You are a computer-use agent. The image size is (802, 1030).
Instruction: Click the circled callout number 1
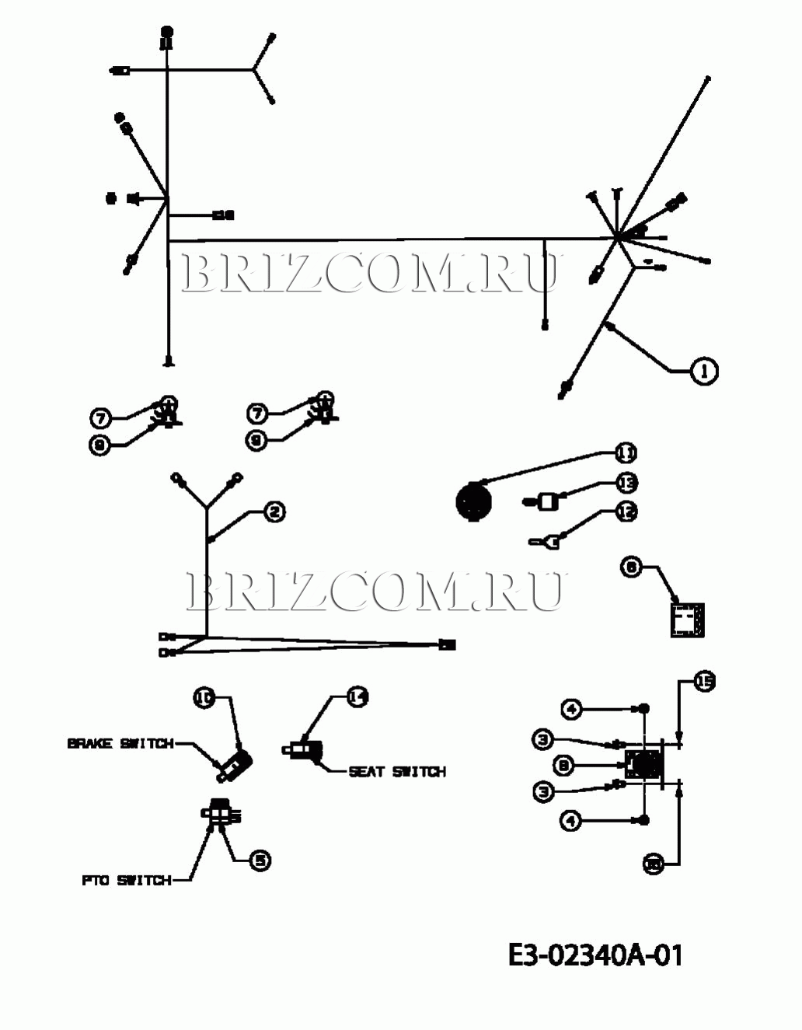coord(704,371)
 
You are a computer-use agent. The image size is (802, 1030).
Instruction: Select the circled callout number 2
coord(274,512)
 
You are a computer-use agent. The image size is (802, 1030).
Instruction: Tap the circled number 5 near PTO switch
coord(260,860)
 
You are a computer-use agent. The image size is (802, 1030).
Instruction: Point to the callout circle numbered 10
coord(204,698)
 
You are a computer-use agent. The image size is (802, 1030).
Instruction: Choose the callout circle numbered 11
coord(626,452)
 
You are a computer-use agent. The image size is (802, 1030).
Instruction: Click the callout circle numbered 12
coord(626,512)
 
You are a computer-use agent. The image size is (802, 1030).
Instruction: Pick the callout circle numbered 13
coord(626,483)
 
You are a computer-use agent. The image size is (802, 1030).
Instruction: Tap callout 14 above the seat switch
coord(357,697)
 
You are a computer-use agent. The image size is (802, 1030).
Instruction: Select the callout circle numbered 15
coord(703,682)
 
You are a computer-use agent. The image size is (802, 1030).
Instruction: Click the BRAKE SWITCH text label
coord(120,744)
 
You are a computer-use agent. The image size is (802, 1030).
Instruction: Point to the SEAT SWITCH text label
coord(397,772)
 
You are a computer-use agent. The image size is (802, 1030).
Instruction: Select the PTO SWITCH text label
coord(126,881)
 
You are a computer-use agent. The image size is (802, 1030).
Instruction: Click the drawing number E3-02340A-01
coord(596,955)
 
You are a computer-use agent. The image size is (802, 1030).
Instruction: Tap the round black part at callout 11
coord(472,501)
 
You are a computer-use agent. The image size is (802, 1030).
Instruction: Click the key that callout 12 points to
coord(545,542)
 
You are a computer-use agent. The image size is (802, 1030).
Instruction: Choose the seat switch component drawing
coord(303,751)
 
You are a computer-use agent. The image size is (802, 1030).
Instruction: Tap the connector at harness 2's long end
coord(448,644)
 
